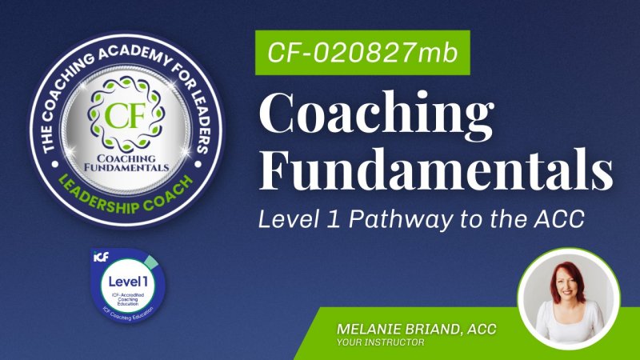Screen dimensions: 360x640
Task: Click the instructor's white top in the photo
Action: (570, 320)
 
